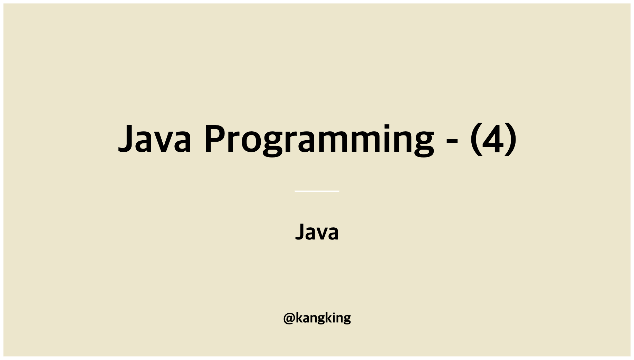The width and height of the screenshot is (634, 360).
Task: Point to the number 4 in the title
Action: pyautogui.click(x=493, y=139)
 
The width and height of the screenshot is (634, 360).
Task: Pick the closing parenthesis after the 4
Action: pyautogui.click(x=511, y=139)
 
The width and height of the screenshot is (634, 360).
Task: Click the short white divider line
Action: pyautogui.click(x=317, y=191)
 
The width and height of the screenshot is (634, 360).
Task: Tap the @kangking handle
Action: pyautogui.click(x=317, y=318)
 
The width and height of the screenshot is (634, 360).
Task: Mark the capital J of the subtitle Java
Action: pyautogui.click(x=299, y=231)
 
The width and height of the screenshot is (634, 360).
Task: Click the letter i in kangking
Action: pyautogui.click(x=332, y=317)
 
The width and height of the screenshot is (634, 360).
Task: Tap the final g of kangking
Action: pyautogui.click(x=346, y=319)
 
